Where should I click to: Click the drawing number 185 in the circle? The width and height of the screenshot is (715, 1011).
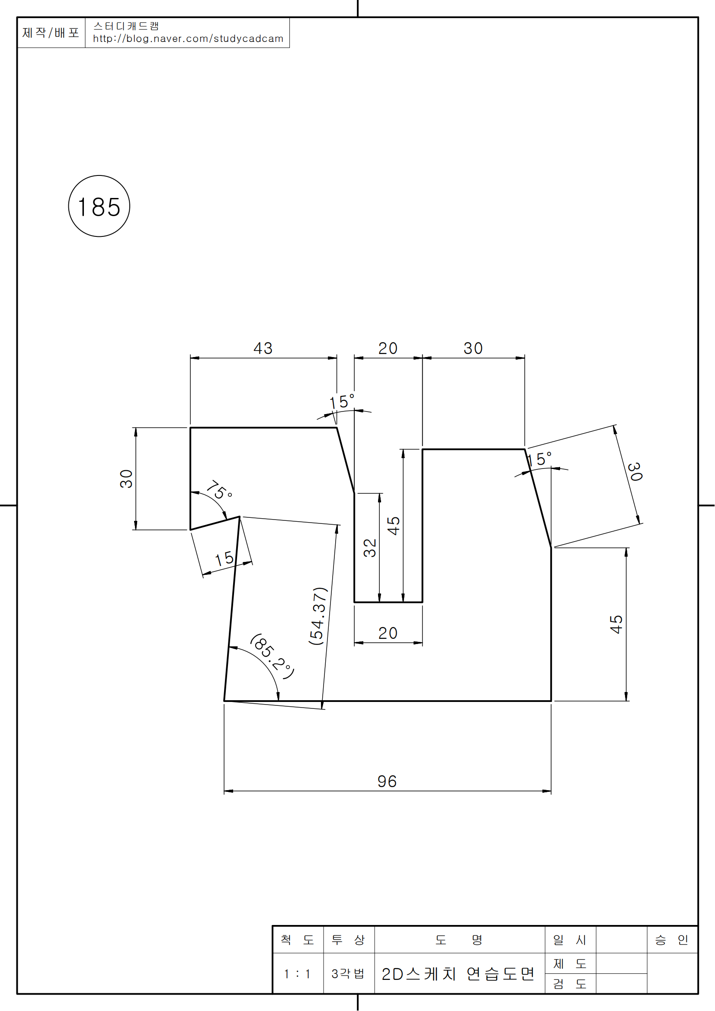[99, 207]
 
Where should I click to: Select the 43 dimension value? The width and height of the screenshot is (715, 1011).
[263, 348]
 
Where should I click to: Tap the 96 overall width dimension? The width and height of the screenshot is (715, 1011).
[387, 781]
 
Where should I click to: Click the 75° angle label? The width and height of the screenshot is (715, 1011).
[219, 490]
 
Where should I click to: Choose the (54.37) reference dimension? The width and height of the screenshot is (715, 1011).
[318, 616]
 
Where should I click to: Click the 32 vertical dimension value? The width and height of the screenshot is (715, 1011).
[370, 548]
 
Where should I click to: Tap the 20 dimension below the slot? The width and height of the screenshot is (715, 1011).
[388, 633]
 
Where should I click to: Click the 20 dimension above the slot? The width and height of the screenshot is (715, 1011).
[388, 348]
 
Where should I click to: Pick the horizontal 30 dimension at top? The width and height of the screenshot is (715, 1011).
[473, 348]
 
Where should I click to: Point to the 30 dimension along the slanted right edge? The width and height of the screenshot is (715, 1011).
[635, 472]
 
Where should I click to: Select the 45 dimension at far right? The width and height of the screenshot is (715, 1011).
[616, 625]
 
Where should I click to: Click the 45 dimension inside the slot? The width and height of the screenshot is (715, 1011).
[394, 526]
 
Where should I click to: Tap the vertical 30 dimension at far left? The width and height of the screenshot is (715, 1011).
[126, 478]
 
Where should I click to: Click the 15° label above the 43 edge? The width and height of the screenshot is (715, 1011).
[342, 401]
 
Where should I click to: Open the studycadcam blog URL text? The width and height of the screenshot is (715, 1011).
[188, 39]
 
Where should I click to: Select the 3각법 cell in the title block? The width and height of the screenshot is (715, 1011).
[348, 973]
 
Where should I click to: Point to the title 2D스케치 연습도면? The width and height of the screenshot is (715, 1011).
[458, 973]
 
